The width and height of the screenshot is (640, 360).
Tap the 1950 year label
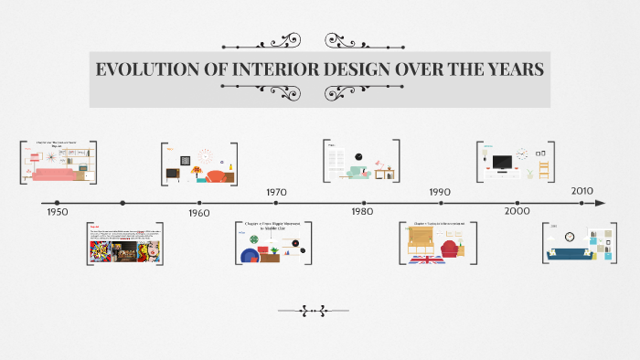[x=57, y=211]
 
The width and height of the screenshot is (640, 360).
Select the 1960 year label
[x=198, y=212]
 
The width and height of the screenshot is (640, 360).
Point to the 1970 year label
[x=276, y=192]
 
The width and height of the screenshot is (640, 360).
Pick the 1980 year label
[x=362, y=211]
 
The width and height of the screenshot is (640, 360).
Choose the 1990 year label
[x=439, y=192]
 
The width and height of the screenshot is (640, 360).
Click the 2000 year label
[x=517, y=211]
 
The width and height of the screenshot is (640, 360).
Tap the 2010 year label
[x=582, y=191]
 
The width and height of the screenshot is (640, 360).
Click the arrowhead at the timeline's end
[x=600, y=203]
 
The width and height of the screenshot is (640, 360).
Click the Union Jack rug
[x=427, y=259]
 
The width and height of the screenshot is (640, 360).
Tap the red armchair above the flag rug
[x=451, y=249]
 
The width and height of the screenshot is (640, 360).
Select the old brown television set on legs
[x=173, y=173]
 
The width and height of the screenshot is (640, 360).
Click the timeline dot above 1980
[x=365, y=203]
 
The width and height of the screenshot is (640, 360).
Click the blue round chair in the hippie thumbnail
[x=250, y=256]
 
